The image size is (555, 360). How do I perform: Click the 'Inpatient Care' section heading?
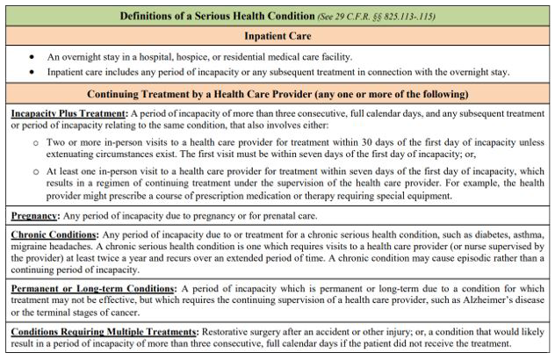277,36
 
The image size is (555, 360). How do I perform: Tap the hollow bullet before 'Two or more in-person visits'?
36,140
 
